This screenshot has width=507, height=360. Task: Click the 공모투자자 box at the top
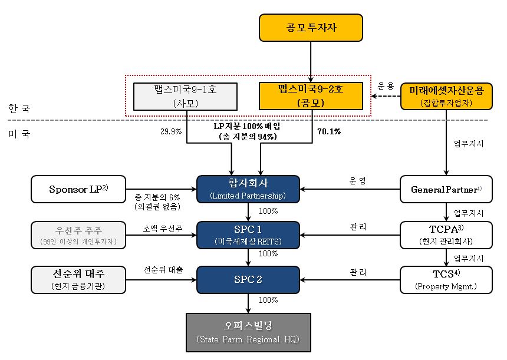point(311,28)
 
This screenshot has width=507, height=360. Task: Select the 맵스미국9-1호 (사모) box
point(185,97)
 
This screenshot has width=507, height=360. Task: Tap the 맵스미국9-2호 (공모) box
point(311,97)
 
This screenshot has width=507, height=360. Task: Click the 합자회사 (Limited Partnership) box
point(248,189)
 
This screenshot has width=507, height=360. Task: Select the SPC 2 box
point(248,279)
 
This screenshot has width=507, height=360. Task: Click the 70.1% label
point(329,131)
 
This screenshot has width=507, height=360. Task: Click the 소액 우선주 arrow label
point(163,227)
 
